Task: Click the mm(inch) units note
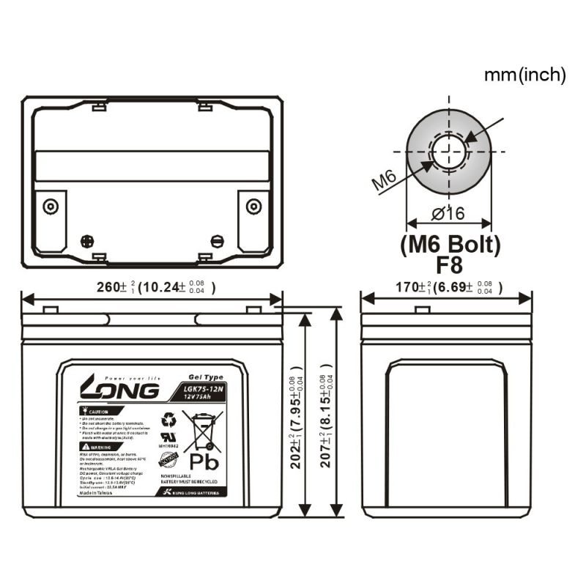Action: [524, 73]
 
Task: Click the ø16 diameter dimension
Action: [448, 213]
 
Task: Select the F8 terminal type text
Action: [450, 265]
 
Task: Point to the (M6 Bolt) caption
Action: [450, 244]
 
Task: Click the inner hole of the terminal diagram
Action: [448, 152]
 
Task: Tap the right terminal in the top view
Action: [253, 205]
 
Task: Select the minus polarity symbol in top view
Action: [216, 240]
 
